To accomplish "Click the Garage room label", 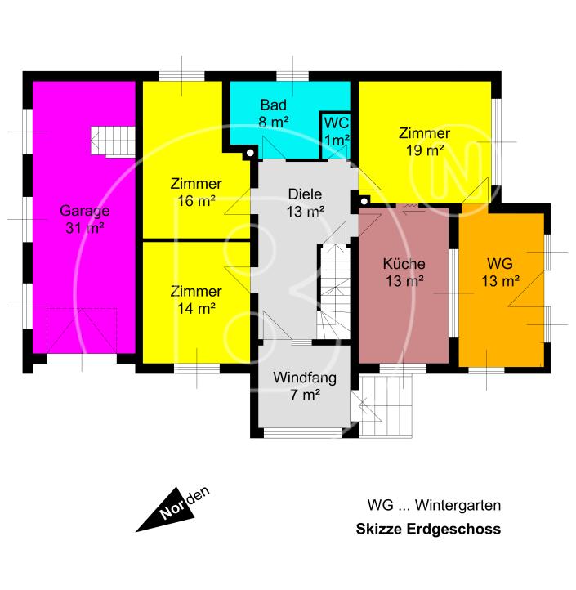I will pos(85,210).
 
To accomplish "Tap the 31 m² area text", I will pos(85,228).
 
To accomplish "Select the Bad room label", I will pos(271,105).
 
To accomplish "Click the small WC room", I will pos(337,132).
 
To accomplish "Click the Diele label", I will pos(305,194).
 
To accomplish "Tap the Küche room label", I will pos(404,265).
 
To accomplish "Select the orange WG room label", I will pos(499,265).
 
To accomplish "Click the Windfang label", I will pos(305,378).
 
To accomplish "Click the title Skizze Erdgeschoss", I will pos(428,530).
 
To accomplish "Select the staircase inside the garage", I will pos(110,141).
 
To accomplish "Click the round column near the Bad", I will pos(250,153).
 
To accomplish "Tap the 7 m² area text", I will pos(304,396).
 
